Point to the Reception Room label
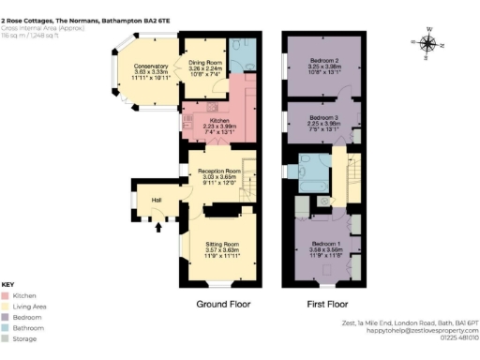213,172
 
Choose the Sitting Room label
224,246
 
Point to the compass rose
428,42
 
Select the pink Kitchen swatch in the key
7,295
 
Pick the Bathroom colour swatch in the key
7,327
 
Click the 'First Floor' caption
327,305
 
